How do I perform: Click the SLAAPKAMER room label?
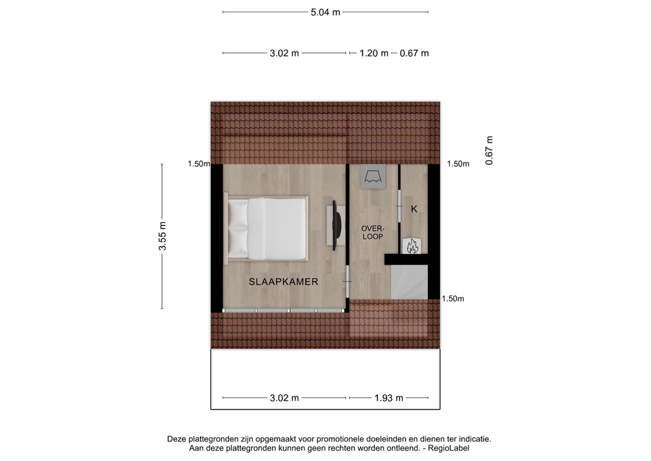click(283, 282)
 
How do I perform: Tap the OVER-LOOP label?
click(373, 232)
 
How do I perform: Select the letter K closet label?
click(414, 209)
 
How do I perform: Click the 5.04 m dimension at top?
click(325, 12)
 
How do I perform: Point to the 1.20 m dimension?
click(374, 53)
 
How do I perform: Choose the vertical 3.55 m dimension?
click(162, 236)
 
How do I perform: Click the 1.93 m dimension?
click(389, 398)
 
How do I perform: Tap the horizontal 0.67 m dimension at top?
click(414, 53)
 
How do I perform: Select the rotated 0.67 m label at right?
click(489, 151)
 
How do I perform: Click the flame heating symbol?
click(412, 246)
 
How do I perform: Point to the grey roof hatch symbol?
click(373, 177)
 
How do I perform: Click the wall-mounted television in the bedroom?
click(336, 225)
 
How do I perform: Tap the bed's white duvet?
click(277, 229)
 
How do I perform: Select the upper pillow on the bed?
click(238, 213)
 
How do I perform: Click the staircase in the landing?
click(410, 282)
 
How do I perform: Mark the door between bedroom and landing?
click(347, 282)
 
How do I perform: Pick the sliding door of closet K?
click(399, 206)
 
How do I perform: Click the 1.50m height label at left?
click(199, 164)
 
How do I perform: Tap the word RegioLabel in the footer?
click(449, 448)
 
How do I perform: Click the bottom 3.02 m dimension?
click(284, 398)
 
